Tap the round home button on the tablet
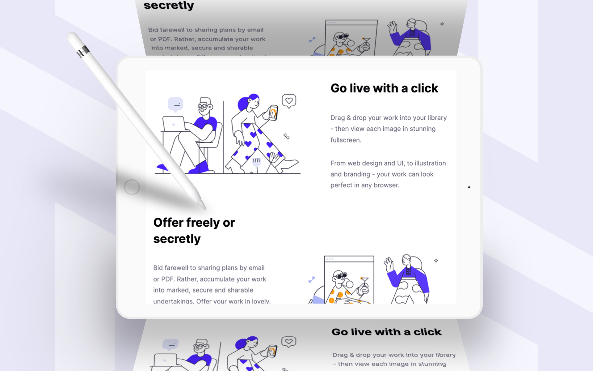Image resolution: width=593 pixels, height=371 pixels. [132, 187]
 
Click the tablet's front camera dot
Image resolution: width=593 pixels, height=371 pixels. [469, 187]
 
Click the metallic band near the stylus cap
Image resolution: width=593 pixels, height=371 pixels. [83, 51]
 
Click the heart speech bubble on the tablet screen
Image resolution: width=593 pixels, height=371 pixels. [289, 101]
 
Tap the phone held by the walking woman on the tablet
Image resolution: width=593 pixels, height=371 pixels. [273, 113]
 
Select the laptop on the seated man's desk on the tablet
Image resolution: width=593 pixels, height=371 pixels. [174, 124]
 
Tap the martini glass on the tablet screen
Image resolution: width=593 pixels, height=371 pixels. [364, 282]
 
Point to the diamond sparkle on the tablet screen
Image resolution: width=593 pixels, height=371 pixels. [436, 261]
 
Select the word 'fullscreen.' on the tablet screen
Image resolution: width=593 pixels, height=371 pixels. [346, 140]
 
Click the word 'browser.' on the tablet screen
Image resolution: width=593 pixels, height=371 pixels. [386, 185]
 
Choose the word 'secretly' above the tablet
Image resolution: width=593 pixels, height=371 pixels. [169, 5]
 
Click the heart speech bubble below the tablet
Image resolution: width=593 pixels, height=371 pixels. [289, 342]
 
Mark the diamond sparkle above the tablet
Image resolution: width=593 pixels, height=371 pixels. [442, 24]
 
